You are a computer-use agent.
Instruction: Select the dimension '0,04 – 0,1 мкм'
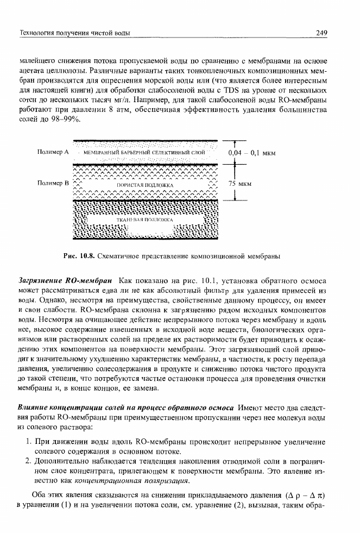coord(253,153)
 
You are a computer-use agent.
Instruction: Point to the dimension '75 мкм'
coord(239,184)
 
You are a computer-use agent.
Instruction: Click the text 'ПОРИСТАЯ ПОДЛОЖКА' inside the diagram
coord(143,186)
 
